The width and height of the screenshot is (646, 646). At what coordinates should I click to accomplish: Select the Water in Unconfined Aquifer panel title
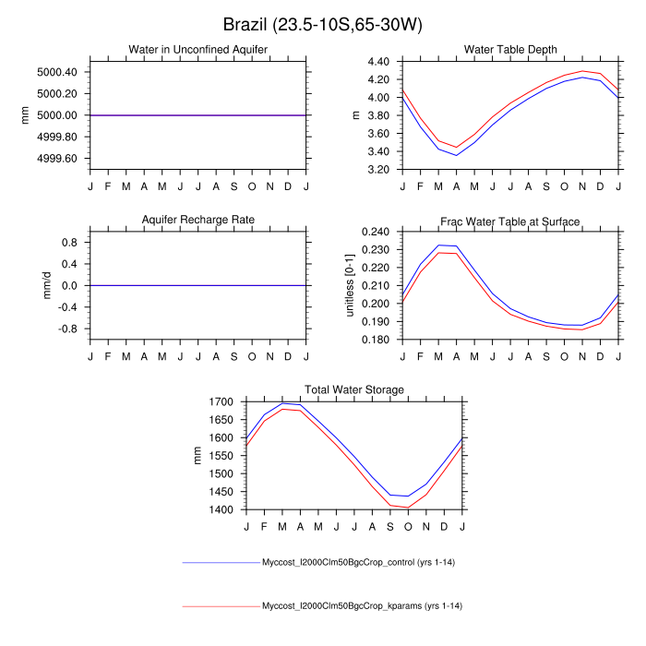[198, 50]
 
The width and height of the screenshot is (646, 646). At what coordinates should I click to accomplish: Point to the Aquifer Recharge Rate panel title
[198, 221]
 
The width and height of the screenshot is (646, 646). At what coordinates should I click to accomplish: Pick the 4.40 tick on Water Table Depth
[383, 62]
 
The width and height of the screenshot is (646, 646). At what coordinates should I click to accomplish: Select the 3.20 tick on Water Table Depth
[383, 170]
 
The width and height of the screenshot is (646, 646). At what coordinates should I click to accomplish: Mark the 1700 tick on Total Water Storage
[222, 402]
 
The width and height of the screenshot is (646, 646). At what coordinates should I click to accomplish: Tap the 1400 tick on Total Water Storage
[222, 509]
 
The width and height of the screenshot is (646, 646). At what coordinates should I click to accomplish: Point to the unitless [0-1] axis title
[350, 285]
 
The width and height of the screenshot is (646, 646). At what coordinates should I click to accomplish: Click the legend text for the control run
[362, 562]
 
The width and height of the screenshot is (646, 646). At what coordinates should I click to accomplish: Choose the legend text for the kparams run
[362, 606]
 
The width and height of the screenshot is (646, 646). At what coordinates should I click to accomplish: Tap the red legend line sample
[221, 606]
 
